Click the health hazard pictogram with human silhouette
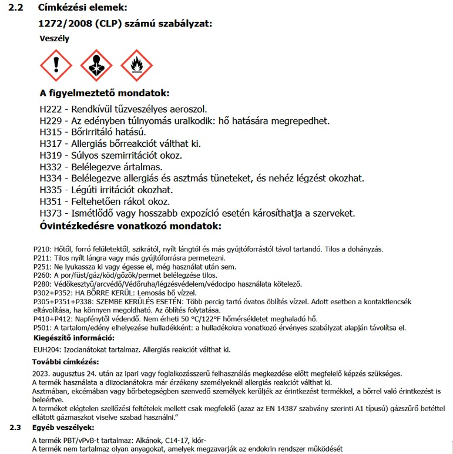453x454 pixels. coord(96,65)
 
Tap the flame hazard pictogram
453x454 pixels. coord(136,65)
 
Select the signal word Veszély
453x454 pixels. coord(54,39)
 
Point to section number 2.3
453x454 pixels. coord(16,427)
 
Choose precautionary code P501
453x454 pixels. coord(42,327)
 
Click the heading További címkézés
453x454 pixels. coord(65,361)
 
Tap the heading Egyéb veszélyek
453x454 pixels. coord(63,427)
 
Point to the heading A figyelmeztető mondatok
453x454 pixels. coord(104,94)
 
